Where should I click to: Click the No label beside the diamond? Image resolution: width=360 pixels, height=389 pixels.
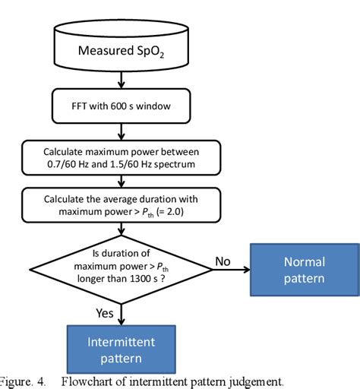222,261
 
